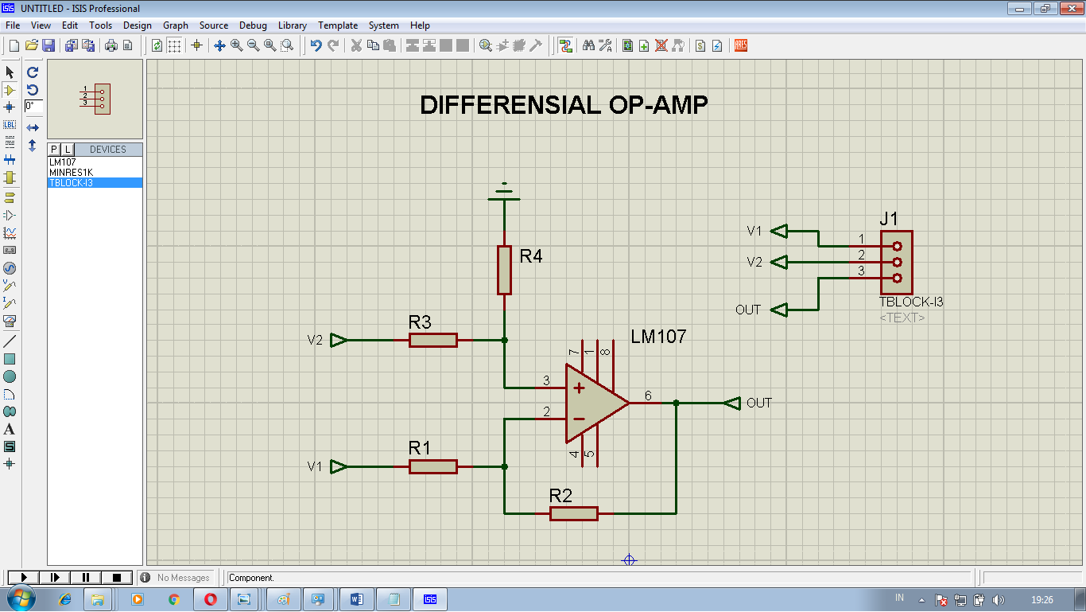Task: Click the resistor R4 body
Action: pyautogui.click(x=504, y=270)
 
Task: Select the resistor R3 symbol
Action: pyautogui.click(x=433, y=340)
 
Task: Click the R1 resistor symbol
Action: pyautogui.click(x=433, y=466)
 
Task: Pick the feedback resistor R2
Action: pyautogui.click(x=573, y=513)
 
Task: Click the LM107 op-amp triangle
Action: pyautogui.click(x=592, y=403)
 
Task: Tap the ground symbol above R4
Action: pyautogui.click(x=504, y=193)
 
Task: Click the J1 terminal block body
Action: pyautogui.click(x=896, y=262)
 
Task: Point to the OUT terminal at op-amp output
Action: pyautogui.click(x=732, y=403)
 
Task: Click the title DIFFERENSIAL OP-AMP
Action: pyautogui.click(x=564, y=105)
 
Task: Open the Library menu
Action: pyautogui.click(x=292, y=25)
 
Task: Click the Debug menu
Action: pyautogui.click(x=253, y=25)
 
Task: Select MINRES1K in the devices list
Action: pyautogui.click(x=71, y=172)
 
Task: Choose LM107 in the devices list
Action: pyautogui.click(x=63, y=162)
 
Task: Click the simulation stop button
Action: pyautogui.click(x=117, y=577)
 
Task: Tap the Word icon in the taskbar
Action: pyautogui.click(x=355, y=598)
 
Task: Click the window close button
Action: pyautogui.click(x=1068, y=8)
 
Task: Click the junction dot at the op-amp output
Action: pyautogui.click(x=676, y=403)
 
